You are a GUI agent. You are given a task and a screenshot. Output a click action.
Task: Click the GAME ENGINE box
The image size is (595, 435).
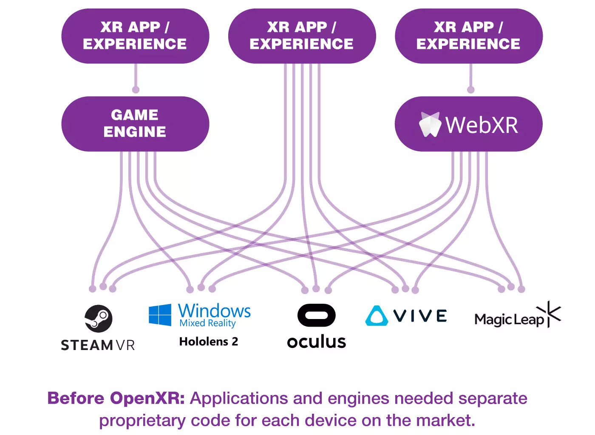click(x=135, y=124)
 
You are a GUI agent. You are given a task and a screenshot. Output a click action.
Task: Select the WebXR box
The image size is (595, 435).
click(x=468, y=124)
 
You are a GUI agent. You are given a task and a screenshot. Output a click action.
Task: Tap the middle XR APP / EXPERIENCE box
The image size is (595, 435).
click(x=302, y=36)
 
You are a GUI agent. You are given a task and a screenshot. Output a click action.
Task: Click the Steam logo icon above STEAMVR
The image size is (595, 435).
click(x=99, y=318)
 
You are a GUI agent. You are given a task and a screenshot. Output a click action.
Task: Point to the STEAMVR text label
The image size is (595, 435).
click(x=98, y=345)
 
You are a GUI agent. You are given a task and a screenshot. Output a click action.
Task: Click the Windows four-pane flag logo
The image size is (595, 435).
click(x=160, y=315)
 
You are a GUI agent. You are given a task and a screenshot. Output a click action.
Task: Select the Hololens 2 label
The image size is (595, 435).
click(x=208, y=342)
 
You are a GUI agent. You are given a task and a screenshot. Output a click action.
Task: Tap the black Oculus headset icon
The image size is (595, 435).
click(x=316, y=315)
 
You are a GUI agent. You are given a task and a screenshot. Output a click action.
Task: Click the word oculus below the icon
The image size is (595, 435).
click(x=316, y=342)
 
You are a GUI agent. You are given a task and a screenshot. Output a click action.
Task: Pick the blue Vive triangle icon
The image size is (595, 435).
click(x=376, y=316)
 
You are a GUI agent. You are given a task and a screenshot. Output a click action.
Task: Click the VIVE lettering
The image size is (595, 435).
click(x=420, y=316)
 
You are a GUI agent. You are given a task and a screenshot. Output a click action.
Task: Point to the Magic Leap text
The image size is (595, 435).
click(x=509, y=319)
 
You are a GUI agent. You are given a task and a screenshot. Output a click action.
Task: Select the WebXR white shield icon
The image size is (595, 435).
click(x=430, y=124)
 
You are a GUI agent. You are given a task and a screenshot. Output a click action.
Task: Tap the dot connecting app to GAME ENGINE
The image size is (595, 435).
click(x=136, y=90)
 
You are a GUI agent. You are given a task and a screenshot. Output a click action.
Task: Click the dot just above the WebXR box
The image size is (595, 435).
click(x=470, y=90)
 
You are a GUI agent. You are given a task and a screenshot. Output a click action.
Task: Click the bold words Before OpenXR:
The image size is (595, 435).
click(x=116, y=398)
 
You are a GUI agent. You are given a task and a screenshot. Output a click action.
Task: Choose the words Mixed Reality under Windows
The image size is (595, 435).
click(x=207, y=323)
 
